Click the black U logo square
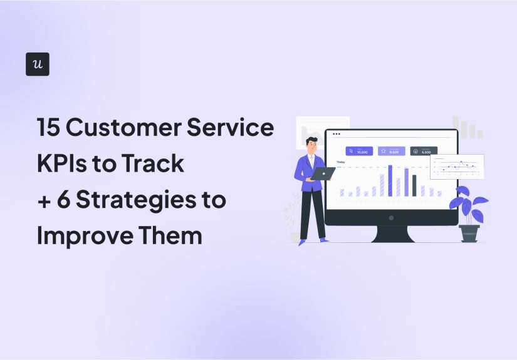38,64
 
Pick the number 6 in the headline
70,200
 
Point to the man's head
311,145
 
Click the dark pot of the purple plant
469,233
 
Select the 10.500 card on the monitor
359,151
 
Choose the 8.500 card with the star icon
391,151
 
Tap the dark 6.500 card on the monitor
424,151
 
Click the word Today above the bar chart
341,162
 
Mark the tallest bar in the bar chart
390,180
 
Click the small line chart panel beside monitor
456,167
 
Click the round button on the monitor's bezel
391,218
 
